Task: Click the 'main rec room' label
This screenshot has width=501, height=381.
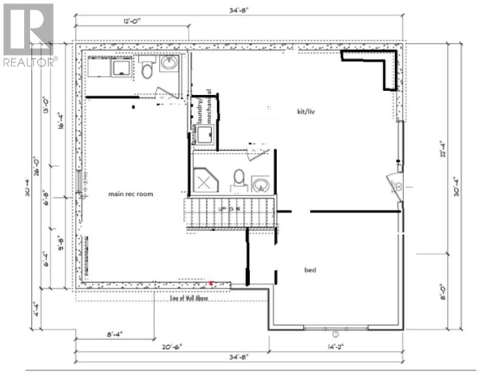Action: coord(130,194)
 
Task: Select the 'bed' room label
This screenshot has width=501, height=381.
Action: coord(310,270)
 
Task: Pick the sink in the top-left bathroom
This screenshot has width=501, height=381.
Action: coord(169,64)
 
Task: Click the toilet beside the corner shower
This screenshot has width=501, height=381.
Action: coord(239,180)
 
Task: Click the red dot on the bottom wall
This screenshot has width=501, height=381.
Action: coord(211,283)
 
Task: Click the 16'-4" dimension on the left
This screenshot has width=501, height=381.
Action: coord(60,122)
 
